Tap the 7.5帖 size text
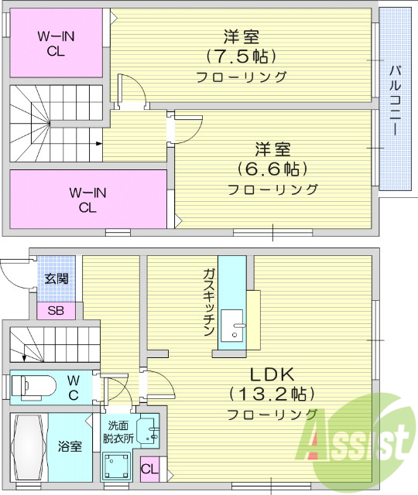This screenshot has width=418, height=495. click(242, 56)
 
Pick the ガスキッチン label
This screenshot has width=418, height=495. click(209, 302)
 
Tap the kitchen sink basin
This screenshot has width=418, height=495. click(232, 326)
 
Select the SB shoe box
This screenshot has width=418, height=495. click(57, 311)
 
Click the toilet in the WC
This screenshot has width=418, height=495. click(36, 384)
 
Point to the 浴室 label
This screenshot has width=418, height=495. click(70, 446)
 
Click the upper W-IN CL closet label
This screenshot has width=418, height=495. click(57, 43)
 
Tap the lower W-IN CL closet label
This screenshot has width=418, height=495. click(87, 200)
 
